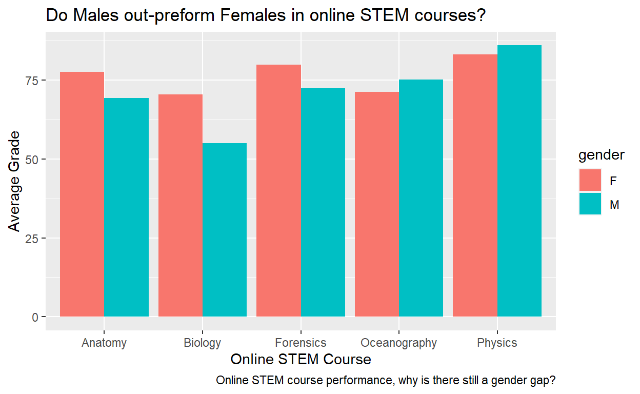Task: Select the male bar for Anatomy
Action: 127,207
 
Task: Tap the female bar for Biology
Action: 181,205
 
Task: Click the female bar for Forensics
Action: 278,190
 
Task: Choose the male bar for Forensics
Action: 323,202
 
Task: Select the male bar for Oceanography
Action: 421,198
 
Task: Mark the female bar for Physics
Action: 475,185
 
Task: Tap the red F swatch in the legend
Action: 590,181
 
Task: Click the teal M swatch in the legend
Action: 590,204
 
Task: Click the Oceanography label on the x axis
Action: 398,343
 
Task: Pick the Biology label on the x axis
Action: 203,343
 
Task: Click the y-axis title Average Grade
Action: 15,181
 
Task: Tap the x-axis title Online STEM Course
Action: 301,359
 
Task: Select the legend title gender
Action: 601,155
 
